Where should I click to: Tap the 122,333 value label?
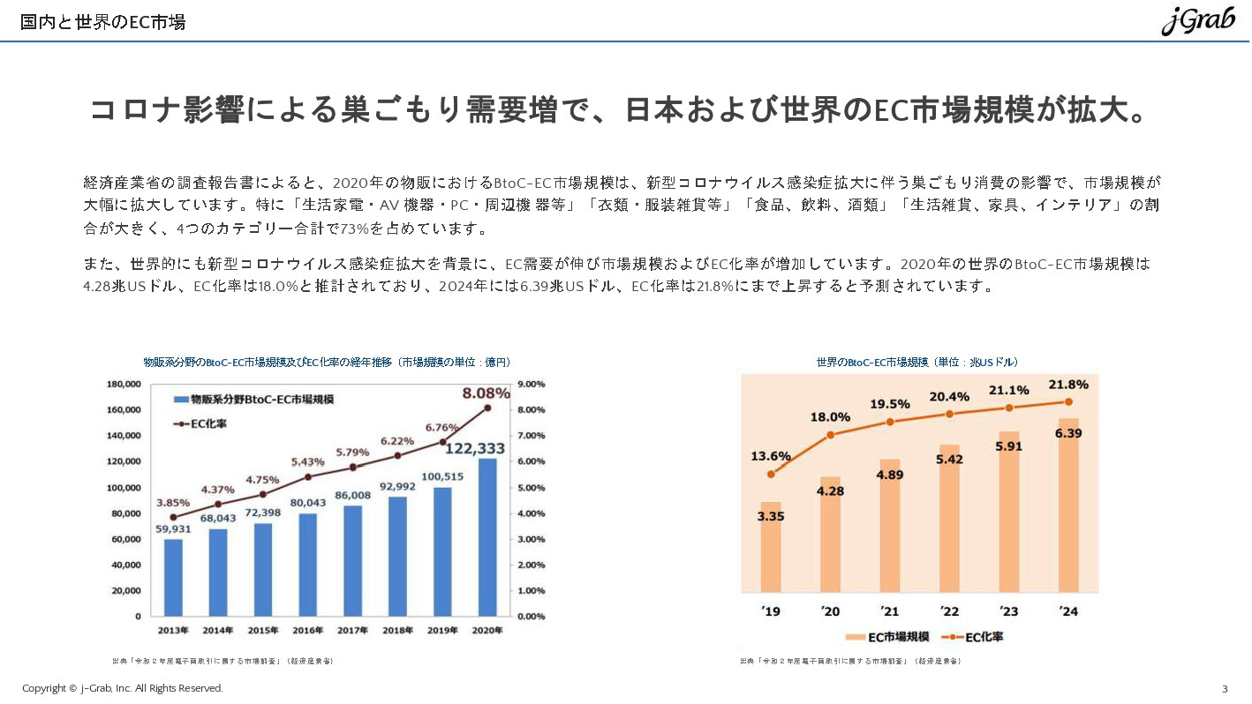pos(475,448)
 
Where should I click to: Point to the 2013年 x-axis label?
pos(173,631)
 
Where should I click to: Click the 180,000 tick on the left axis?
pos(124,385)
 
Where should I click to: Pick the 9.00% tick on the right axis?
pos(531,385)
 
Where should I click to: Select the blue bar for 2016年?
pos(307,565)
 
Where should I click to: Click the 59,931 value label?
pos(174,529)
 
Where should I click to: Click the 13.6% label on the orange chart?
pos(771,456)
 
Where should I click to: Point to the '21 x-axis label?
pos(889,611)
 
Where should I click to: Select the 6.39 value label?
pos(1068,433)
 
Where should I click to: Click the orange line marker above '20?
pos(830,435)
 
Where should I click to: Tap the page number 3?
pos(1225,688)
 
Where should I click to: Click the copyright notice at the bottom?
pos(123,688)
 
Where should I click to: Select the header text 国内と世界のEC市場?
pos(103,22)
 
